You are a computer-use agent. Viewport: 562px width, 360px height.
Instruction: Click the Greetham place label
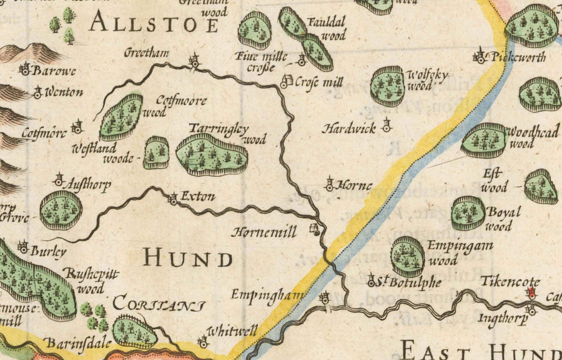tap(147, 53)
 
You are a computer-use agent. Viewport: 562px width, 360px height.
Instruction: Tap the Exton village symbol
tap(173, 199)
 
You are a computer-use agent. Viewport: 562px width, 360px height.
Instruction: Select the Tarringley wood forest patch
tap(212, 154)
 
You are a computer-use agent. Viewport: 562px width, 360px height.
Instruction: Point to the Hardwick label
tap(349, 129)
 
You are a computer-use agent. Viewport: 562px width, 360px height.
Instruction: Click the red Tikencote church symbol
tap(532, 292)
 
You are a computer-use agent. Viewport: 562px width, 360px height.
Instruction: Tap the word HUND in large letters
tap(187, 258)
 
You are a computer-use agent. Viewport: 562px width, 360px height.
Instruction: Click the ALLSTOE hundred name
tap(154, 24)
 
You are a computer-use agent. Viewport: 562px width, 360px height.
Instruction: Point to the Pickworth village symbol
tap(480, 56)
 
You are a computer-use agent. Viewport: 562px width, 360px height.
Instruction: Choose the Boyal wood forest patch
tap(468, 213)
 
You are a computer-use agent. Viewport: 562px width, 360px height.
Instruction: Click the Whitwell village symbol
tap(202, 341)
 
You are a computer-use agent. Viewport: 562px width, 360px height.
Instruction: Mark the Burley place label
tap(49, 252)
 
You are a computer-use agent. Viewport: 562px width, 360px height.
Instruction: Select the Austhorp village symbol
tap(59, 181)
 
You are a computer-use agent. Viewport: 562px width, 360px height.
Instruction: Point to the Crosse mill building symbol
tap(287, 81)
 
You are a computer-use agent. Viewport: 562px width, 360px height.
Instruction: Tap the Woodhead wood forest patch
tap(483, 139)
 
